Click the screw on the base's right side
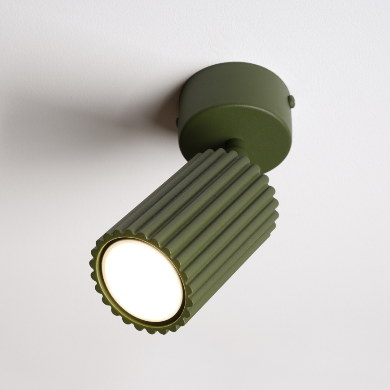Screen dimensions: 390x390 pyautogui.click(x=292, y=102)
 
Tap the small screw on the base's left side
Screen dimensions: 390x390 pyautogui.click(x=178, y=121)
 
